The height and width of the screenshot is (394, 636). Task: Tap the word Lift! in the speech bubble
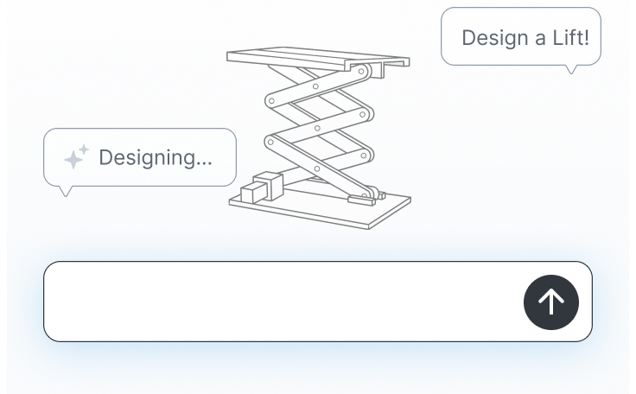pyautogui.click(x=570, y=37)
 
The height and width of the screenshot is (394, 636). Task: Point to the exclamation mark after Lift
pyautogui.click(x=586, y=37)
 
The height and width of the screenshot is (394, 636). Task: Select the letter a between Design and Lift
pyautogui.click(x=541, y=40)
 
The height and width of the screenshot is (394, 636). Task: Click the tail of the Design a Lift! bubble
pyautogui.click(x=571, y=69)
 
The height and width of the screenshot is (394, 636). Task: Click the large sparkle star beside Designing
pyautogui.click(x=73, y=159)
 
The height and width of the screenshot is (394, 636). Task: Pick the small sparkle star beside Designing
pyautogui.click(x=84, y=149)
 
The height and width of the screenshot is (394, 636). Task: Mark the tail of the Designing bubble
pyautogui.click(x=66, y=191)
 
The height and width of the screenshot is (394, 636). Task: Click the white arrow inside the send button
pyautogui.click(x=551, y=302)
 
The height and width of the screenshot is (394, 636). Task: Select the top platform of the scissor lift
pyautogui.click(x=318, y=58)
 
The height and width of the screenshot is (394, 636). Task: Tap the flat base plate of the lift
pyautogui.click(x=320, y=210)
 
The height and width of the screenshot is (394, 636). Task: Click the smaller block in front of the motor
pyautogui.click(x=253, y=193)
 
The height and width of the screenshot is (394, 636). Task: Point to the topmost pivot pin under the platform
pyautogui.click(x=361, y=72)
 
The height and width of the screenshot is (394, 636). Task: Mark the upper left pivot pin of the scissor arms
pyautogui.click(x=271, y=101)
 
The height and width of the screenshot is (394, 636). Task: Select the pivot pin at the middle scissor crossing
pyautogui.click(x=317, y=128)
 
